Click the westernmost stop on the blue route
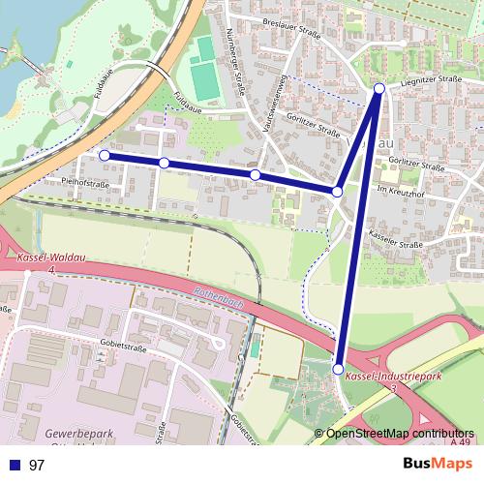click(x=104, y=155)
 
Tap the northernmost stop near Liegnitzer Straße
click(x=379, y=88)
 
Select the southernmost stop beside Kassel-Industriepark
click(x=338, y=369)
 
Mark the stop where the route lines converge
click(x=337, y=192)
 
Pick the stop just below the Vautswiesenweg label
click(x=255, y=174)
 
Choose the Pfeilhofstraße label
click(x=84, y=181)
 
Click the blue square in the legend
click(x=15, y=466)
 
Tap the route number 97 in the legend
click(x=38, y=466)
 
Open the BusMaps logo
click(x=438, y=465)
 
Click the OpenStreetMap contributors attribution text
click(x=400, y=435)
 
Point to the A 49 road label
click(x=462, y=441)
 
